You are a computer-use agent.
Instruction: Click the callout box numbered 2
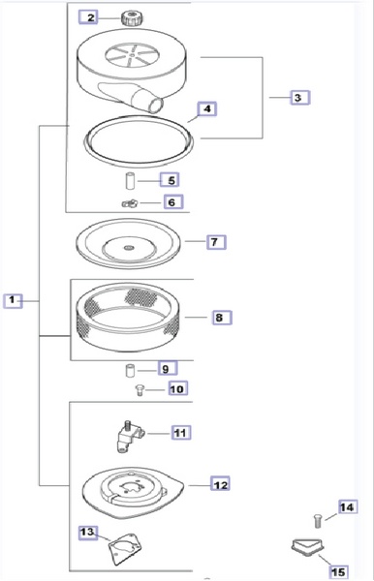88,17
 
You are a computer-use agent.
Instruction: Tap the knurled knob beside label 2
132,18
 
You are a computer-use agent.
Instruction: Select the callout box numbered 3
299,98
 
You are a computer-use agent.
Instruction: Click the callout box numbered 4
207,108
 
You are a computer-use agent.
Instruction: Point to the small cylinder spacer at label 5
130,181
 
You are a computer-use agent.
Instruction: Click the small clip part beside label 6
130,203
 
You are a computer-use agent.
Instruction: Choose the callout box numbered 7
216,242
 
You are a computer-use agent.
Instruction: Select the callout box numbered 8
222,318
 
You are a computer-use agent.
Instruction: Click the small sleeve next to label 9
130,371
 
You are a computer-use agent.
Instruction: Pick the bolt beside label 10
140,390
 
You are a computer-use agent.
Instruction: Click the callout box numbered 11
181,433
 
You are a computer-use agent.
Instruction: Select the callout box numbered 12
220,484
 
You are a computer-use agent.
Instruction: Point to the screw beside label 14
317,521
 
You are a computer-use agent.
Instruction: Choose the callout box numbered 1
13,300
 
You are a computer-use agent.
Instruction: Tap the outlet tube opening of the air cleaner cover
156,106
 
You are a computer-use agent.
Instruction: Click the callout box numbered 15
339,571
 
